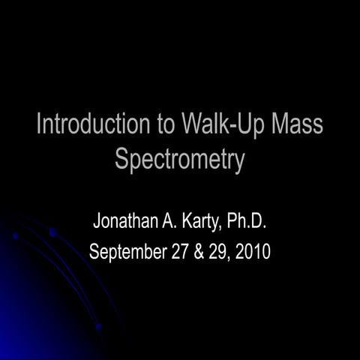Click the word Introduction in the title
(x=94, y=124)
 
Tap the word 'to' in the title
(x=166, y=124)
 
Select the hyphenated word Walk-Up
(x=227, y=124)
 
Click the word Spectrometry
(x=180, y=160)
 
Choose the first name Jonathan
(x=126, y=222)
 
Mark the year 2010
(x=252, y=250)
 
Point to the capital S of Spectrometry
(x=122, y=159)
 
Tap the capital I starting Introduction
(x=39, y=124)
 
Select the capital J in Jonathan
(x=96, y=222)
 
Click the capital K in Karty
(x=187, y=222)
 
